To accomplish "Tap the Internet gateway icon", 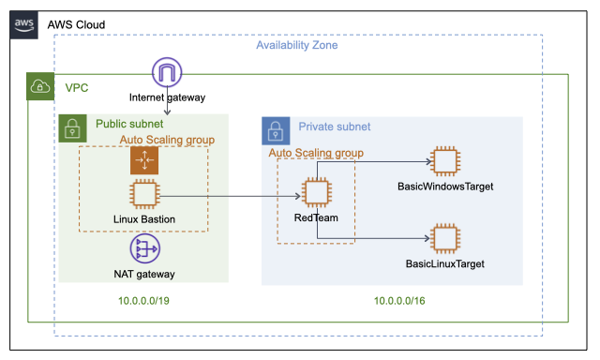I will click(167, 73).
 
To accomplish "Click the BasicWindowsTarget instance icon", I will click(444, 161).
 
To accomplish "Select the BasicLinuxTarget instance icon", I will click(444, 238).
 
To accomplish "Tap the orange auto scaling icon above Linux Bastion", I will click(143, 161).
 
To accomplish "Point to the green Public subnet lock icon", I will click(73, 128).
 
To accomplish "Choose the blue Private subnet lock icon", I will click(276, 129).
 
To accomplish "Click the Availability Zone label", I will click(297, 45).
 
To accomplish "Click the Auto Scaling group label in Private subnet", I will click(317, 152).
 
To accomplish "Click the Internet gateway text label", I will click(167, 97).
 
